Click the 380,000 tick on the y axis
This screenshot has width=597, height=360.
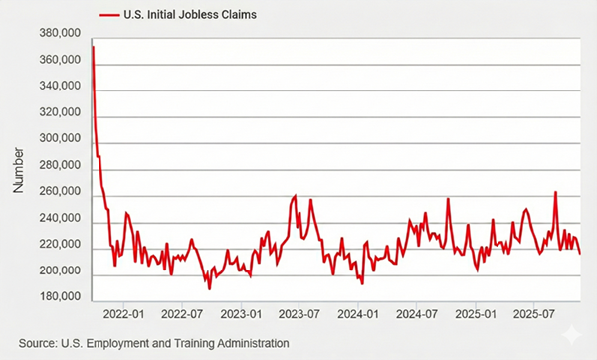click(x=58, y=33)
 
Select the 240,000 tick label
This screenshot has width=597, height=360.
click(x=58, y=219)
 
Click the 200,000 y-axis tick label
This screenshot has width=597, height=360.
click(x=58, y=271)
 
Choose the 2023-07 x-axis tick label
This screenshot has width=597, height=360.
click(x=300, y=314)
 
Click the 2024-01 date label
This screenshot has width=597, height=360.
click(x=359, y=314)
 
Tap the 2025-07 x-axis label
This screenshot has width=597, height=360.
click(x=534, y=314)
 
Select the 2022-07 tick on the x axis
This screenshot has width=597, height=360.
click(x=182, y=314)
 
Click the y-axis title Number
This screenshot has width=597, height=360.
click(x=18, y=166)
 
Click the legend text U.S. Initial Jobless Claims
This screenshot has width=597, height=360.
click(x=183, y=15)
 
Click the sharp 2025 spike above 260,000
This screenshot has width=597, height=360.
click(x=555, y=192)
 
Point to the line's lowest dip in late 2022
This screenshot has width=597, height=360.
click(x=209, y=288)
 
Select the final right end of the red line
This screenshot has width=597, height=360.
click(x=580, y=254)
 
